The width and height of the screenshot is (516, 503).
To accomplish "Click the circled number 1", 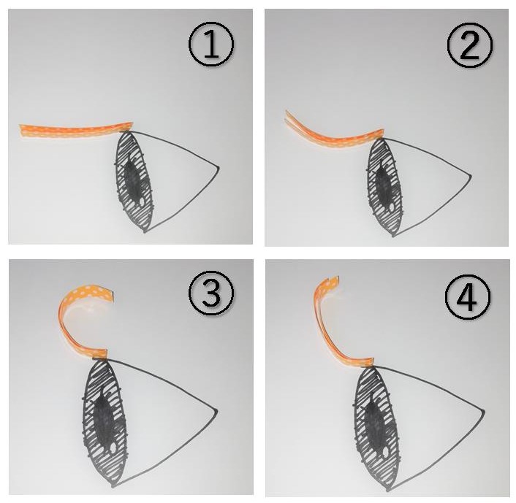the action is [211, 44].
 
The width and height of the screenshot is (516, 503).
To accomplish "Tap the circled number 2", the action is [470, 45].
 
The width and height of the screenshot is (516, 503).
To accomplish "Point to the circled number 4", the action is [468, 296].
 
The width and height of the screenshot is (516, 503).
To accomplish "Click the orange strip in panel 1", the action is [76, 131].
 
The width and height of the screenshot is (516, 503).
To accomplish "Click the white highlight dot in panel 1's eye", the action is [143, 202].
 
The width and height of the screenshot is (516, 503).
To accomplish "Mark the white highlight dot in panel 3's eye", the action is [114, 448].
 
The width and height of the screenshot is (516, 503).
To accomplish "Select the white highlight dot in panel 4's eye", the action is [385, 453].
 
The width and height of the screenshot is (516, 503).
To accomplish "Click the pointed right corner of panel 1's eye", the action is [219, 168].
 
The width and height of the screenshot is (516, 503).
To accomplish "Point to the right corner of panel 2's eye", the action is [471, 174].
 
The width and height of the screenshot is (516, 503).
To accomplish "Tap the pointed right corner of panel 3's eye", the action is [216, 410].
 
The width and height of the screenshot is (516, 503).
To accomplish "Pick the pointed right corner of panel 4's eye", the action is [484, 410].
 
